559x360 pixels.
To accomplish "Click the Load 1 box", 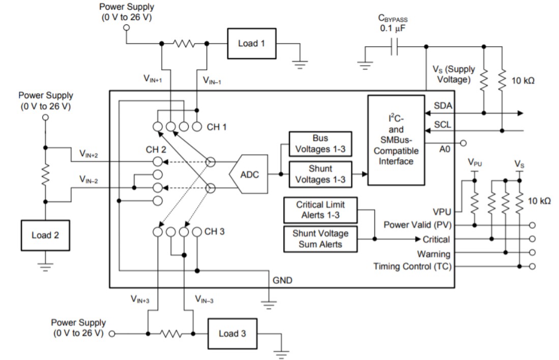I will (x=251, y=43).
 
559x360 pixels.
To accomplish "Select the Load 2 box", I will (x=45, y=235).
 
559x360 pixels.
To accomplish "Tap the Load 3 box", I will (x=232, y=334).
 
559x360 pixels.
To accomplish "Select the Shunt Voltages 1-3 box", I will (x=320, y=173).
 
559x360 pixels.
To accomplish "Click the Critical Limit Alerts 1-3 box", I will (x=320, y=209).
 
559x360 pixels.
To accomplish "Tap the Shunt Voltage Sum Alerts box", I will (x=320, y=238).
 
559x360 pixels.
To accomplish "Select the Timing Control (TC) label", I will (x=412, y=266).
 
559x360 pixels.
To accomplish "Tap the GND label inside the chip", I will (x=282, y=280).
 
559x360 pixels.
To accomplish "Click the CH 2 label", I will (x=156, y=150).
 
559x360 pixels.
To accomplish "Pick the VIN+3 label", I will (x=139, y=301).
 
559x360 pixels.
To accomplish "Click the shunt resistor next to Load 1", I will (x=184, y=44).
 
